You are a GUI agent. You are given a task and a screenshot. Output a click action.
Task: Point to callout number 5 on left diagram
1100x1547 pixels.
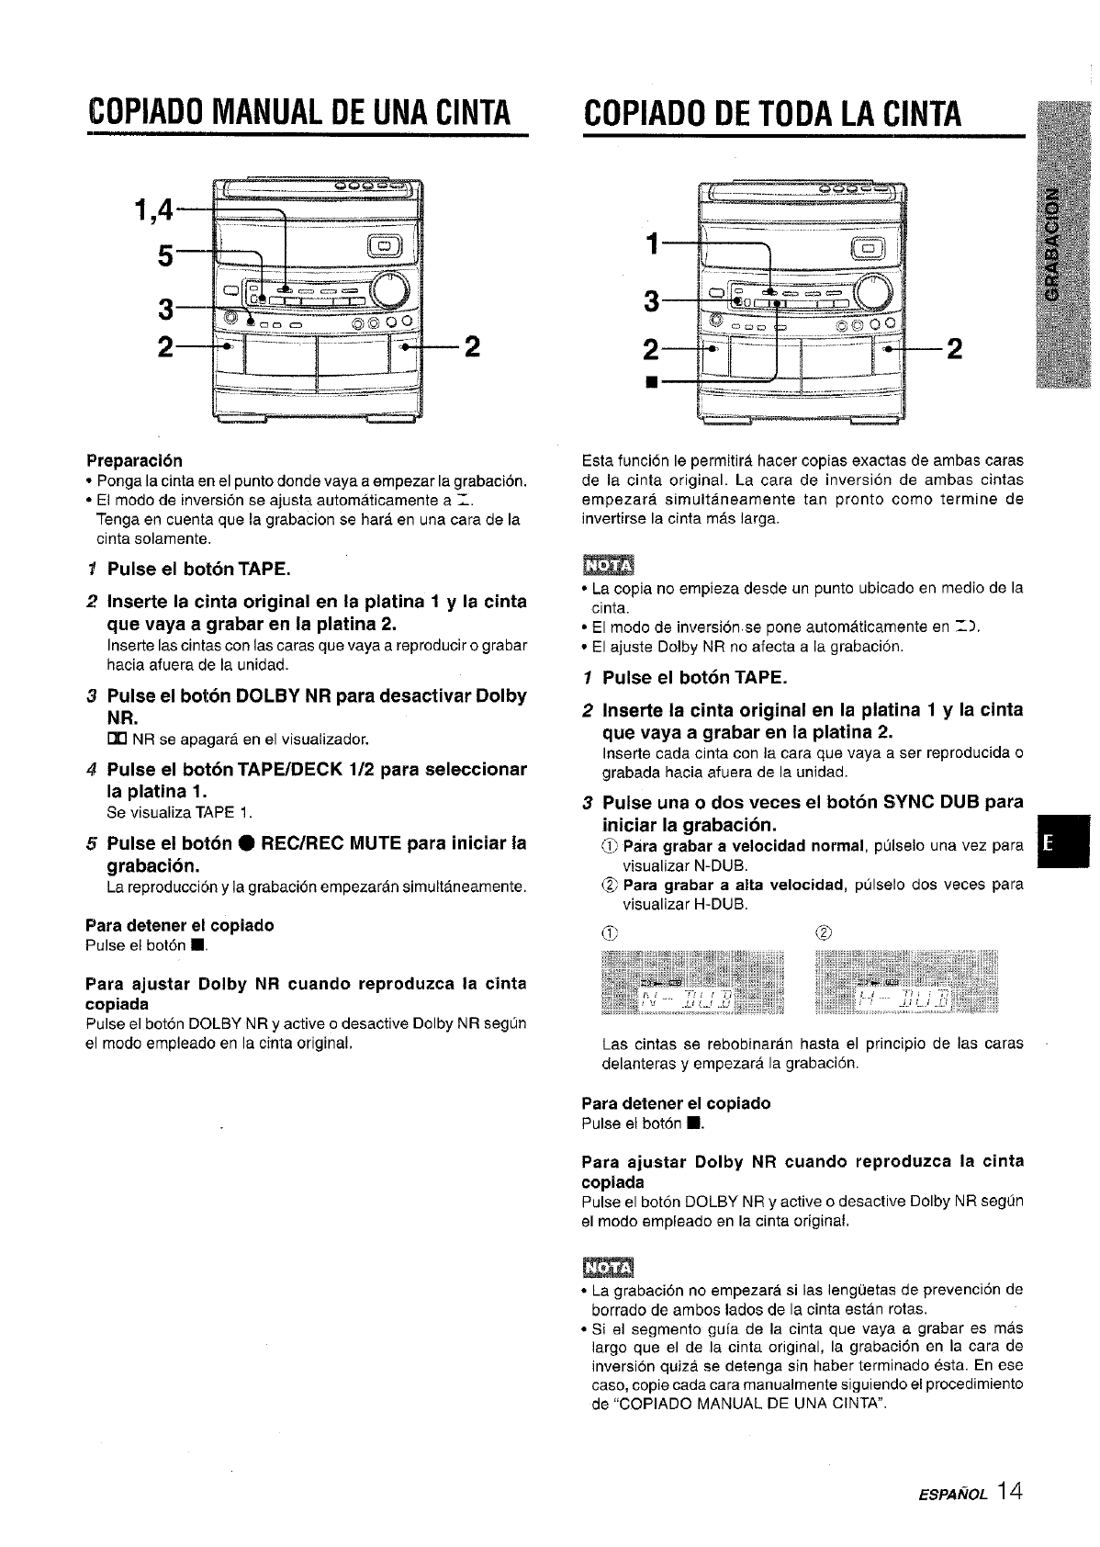165,257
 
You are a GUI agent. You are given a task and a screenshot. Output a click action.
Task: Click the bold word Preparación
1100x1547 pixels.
134,459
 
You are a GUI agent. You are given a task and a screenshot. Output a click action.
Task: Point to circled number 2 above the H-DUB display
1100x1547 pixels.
822,933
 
